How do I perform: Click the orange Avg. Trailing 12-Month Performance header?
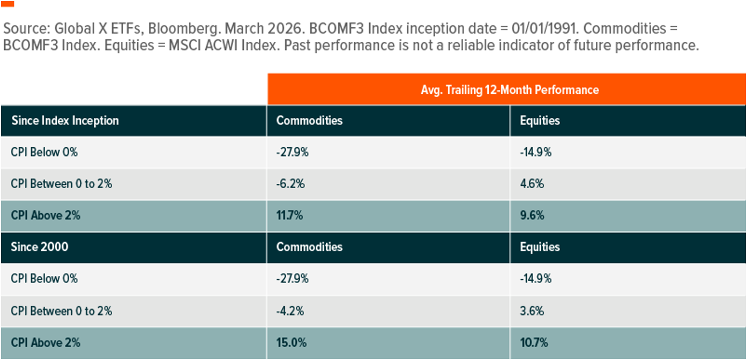(x=509, y=89)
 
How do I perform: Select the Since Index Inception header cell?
(x=65, y=121)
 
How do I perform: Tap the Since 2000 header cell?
(x=40, y=247)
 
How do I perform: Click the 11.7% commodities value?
(x=289, y=215)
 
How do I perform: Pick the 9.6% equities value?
(x=532, y=215)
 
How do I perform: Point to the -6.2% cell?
(x=290, y=184)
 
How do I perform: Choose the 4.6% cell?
(x=532, y=184)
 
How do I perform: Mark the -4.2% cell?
(x=290, y=311)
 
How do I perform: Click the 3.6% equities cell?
(x=532, y=311)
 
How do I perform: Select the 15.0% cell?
(x=290, y=342)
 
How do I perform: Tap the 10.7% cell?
(x=534, y=342)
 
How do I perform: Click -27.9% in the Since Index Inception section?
(x=292, y=152)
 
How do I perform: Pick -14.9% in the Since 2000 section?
(x=535, y=279)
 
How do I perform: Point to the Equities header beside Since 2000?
(x=540, y=247)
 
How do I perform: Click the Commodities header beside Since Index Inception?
(x=309, y=121)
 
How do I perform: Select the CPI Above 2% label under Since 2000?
(x=46, y=342)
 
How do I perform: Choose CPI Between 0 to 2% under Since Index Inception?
(x=61, y=184)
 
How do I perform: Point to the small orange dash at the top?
(x=8, y=4)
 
